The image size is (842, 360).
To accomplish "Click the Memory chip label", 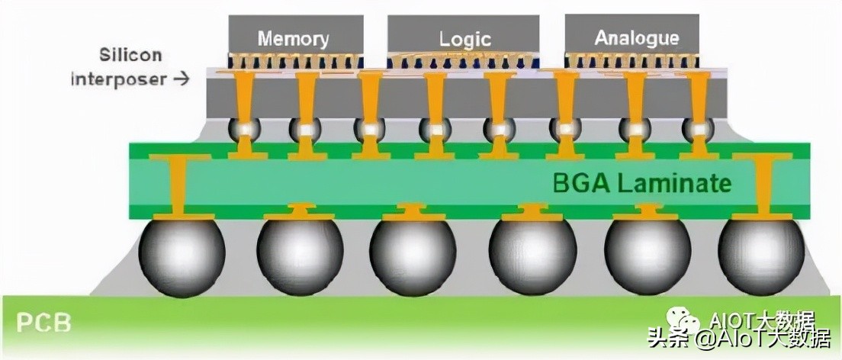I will (x=293, y=39).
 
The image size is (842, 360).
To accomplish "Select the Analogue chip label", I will (x=636, y=37).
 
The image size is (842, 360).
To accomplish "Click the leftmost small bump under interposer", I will (x=243, y=130).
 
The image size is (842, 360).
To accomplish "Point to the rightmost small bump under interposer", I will (x=696, y=130).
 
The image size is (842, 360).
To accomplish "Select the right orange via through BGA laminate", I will (x=763, y=188).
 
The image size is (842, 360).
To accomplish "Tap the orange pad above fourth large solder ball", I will (x=532, y=212).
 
